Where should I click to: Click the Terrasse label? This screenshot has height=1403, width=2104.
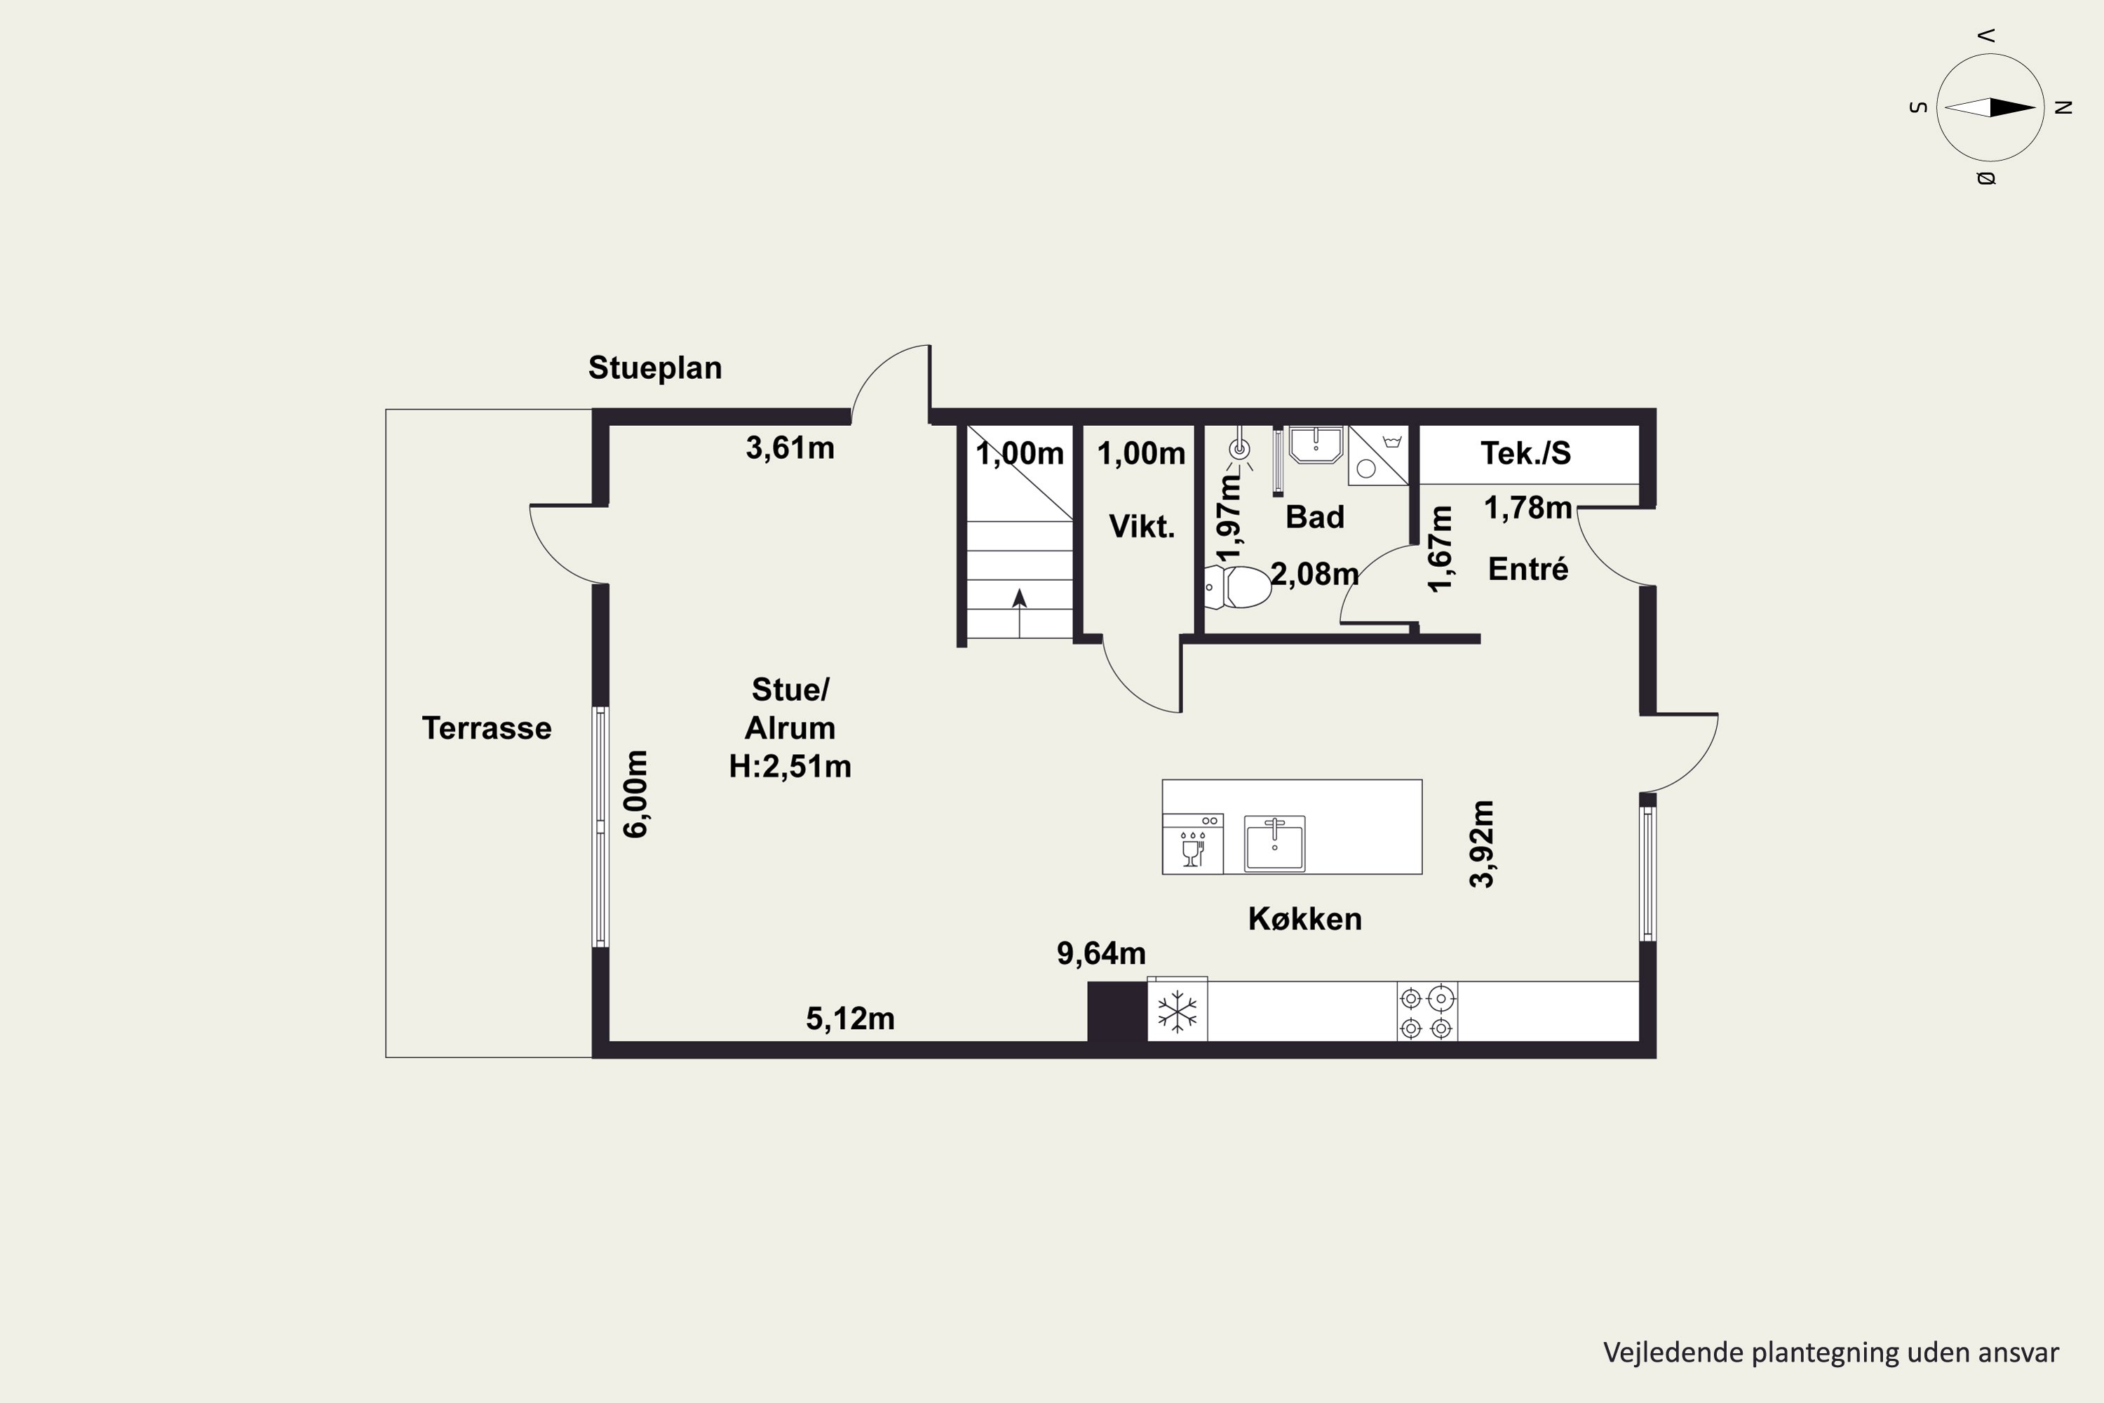(487, 728)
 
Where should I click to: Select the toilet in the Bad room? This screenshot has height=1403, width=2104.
(1237, 587)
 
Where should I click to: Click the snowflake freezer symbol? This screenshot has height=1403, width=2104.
(1178, 1012)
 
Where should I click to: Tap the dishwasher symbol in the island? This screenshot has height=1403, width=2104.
(1192, 844)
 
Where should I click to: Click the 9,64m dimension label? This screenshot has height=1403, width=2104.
(1101, 954)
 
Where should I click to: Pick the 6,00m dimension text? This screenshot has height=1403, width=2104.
(635, 793)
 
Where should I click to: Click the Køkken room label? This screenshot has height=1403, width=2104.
(1304, 919)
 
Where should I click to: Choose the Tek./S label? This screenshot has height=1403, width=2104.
(1525, 454)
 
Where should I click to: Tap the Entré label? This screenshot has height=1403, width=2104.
(1528, 569)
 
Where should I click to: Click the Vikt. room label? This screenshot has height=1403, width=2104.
(1142, 526)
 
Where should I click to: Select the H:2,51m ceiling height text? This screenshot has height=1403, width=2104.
(790, 767)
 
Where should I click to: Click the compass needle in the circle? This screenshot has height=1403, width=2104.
(1990, 108)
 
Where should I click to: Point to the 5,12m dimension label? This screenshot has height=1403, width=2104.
(850, 1019)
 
